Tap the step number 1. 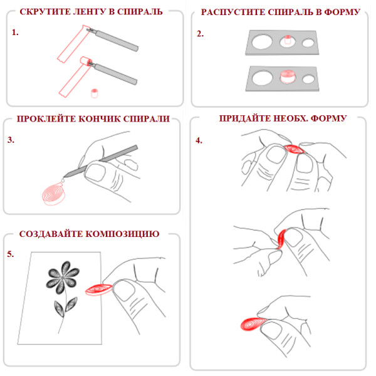point(15,33)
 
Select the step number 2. point(201,34)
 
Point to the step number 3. point(11,140)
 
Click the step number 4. point(199,140)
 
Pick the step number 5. point(10,254)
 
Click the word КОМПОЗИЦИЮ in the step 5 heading point(123,234)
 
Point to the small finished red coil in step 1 point(95,93)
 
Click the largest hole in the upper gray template point(262,41)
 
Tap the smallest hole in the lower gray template point(308,80)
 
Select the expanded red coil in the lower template point(288,76)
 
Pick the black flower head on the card point(63,278)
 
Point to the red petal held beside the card point(99,290)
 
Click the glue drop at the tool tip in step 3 point(63,180)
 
